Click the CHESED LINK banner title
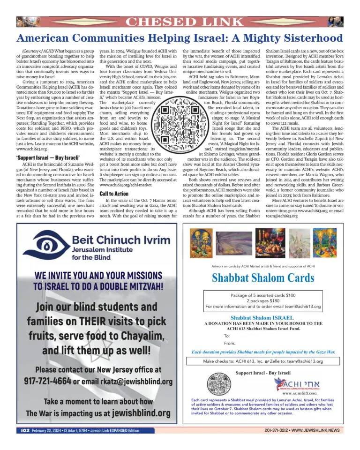[180, 22]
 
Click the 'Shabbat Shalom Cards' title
[263, 277]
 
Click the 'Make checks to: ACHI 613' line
[263, 361]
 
